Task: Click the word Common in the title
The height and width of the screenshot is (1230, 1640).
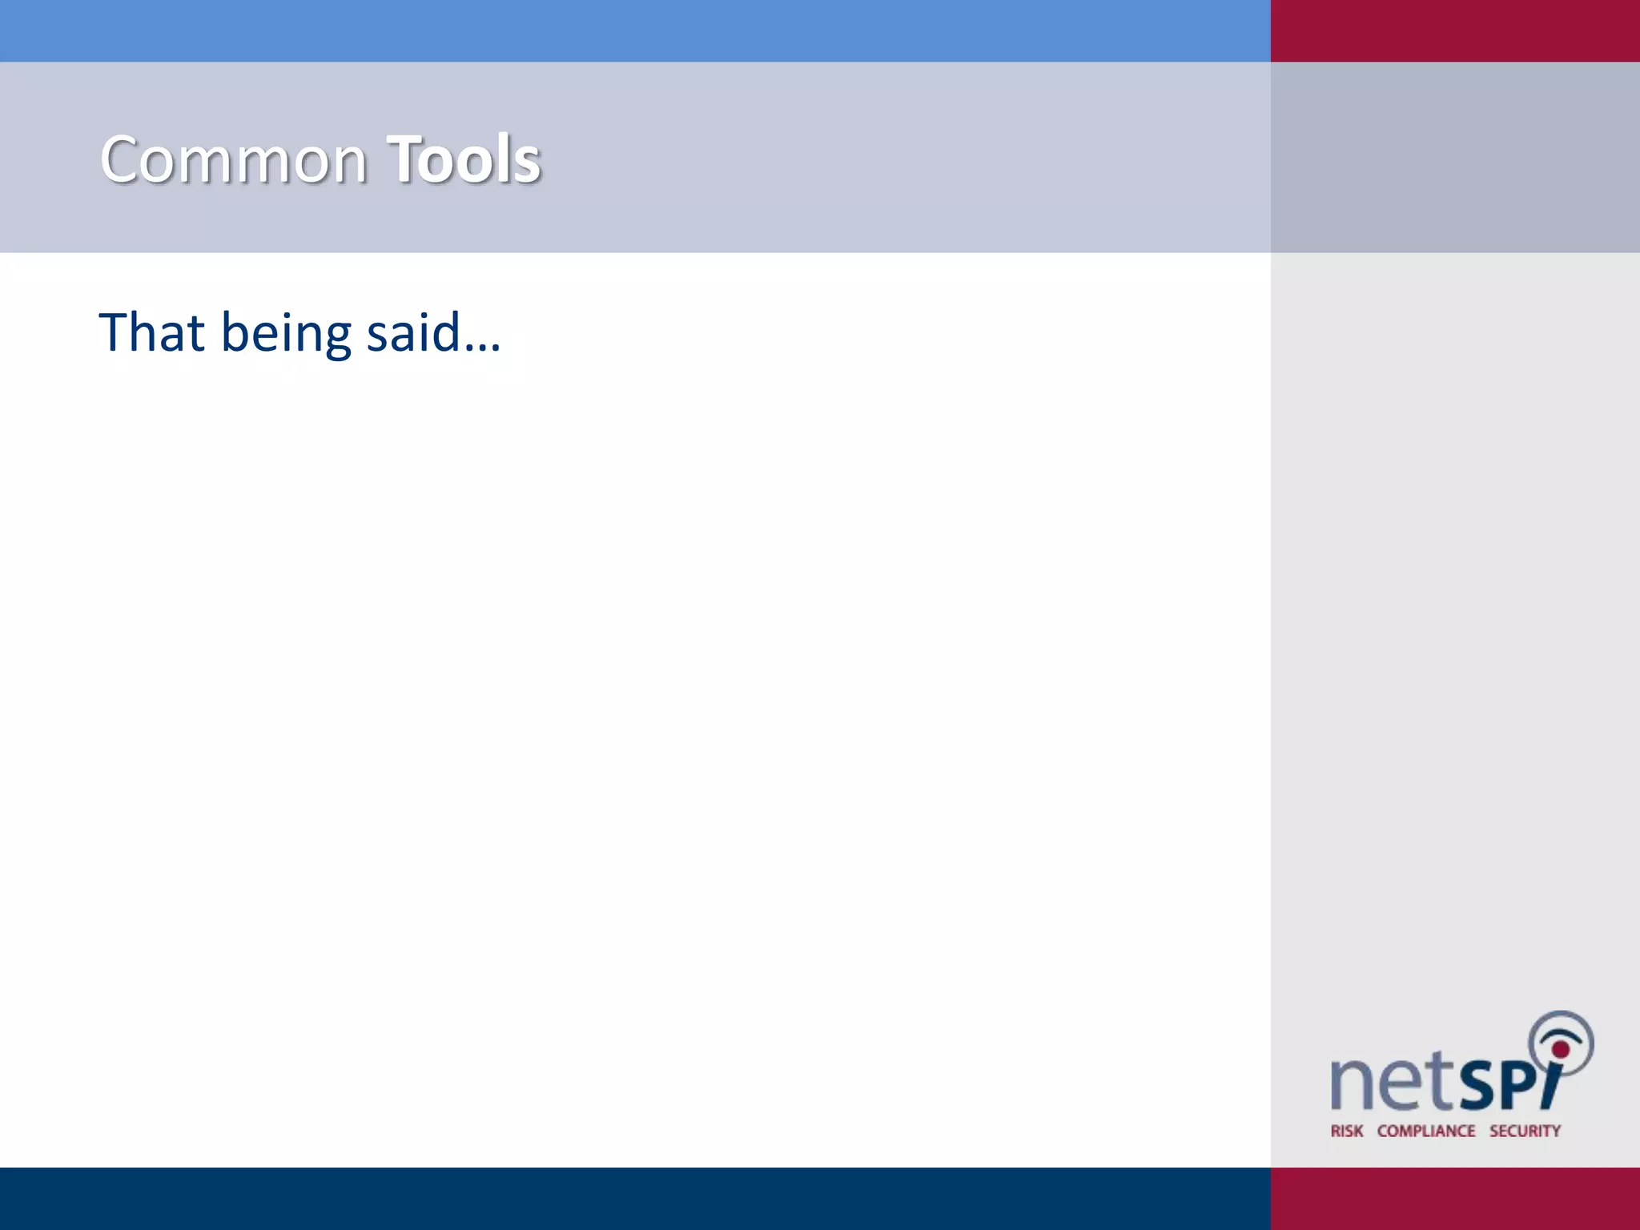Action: click(x=233, y=160)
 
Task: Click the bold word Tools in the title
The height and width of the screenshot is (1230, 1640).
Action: click(x=464, y=160)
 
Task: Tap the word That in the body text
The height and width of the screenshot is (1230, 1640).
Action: click(x=151, y=332)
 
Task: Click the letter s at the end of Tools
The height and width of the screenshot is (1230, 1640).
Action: click(x=526, y=163)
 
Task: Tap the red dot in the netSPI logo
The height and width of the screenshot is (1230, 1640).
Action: click(x=1560, y=1048)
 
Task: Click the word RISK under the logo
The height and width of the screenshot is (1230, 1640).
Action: click(x=1347, y=1131)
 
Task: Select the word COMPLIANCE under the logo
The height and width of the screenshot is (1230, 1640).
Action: click(x=1426, y=1131)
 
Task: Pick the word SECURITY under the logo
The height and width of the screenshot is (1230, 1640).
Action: click(x=1525, y=1131)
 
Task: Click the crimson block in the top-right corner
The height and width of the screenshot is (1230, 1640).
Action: click(x=1455, y=30)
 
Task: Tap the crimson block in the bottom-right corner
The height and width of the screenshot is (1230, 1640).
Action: click(x=1455, y=1198)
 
